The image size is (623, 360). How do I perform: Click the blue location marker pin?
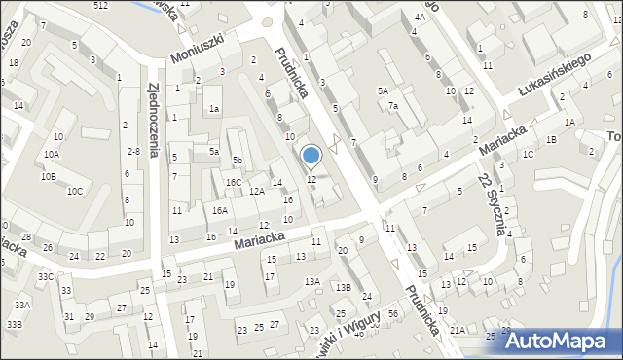click(311, 156)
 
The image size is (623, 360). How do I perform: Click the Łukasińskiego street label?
click(556, 76)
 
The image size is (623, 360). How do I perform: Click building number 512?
click(101, 6)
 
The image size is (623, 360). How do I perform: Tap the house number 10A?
click(51, 155)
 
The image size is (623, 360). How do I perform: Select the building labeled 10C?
click(74, 191)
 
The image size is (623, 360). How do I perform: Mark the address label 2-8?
click(133, 151)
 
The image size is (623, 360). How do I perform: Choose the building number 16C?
click(233, 182)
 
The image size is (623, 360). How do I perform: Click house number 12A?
click(256, 192)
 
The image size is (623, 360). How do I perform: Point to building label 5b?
click(237, 160)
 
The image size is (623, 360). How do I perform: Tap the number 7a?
click(393, 106)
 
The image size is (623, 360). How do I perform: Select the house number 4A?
click(420, 18)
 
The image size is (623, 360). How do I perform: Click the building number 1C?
click(528, 155)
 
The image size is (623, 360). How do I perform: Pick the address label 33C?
click(46, 276)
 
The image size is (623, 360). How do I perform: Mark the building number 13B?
click(343, 287)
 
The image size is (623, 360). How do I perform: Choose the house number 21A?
click(457, 331)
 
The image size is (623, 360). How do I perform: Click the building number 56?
click(392, 313)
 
